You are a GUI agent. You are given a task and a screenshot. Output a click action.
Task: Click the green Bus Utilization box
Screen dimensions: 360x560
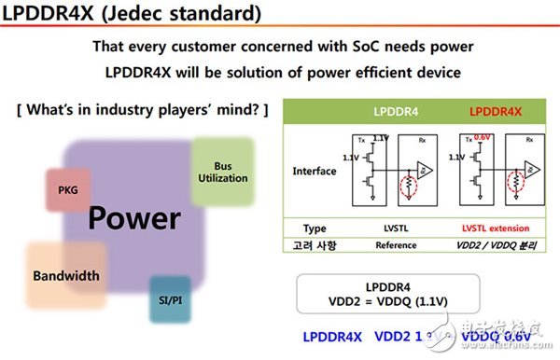(x=222, y=172)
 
